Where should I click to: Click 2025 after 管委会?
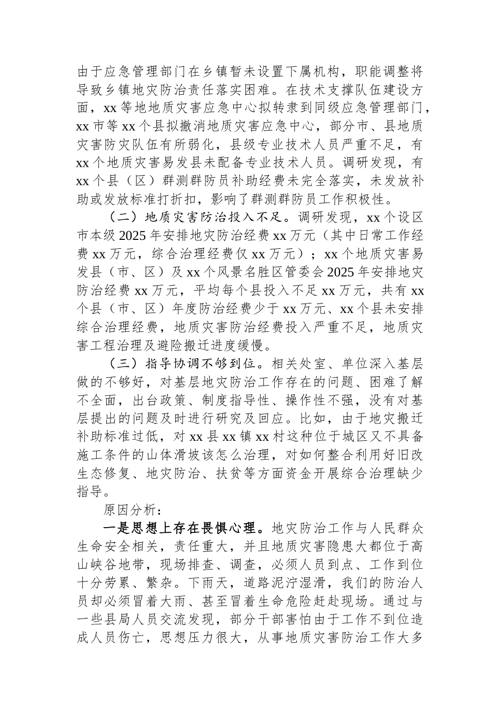[345, 272]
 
